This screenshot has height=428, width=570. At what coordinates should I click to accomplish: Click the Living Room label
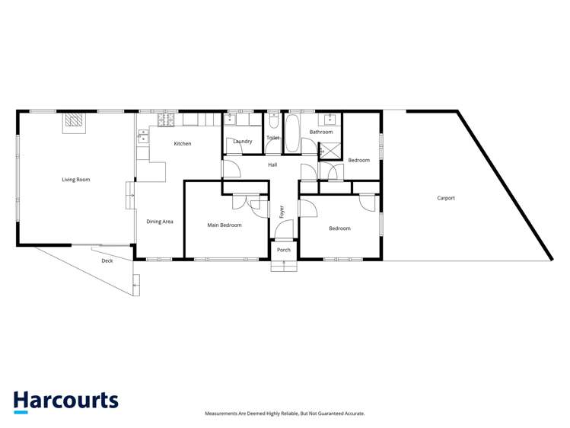[76, 180]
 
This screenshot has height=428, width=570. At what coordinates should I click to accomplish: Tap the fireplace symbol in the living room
[73, 121]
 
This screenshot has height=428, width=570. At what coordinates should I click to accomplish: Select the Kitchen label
[183, 144]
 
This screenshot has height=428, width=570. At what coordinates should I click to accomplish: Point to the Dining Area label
[160, 222]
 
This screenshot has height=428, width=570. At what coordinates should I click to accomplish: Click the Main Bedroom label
[224, 225]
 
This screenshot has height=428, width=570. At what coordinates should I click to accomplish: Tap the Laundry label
[243, 142]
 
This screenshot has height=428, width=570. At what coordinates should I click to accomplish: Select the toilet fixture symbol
[273, 122]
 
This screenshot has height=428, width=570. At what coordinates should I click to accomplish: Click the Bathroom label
[321, 133]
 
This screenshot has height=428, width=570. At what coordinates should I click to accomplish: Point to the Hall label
[272, 164]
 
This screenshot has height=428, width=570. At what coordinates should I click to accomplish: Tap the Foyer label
[282, 211]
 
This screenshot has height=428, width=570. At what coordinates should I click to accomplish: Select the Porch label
[283, 250]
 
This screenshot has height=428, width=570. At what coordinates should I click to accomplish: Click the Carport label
[446, 198]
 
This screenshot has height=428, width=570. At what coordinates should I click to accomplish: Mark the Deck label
[107, 261]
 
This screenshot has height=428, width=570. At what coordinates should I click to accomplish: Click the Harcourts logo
[65, 401]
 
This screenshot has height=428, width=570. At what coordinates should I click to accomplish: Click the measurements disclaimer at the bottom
[285, 414]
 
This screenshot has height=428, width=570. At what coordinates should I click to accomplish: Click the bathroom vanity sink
[329, 120]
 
